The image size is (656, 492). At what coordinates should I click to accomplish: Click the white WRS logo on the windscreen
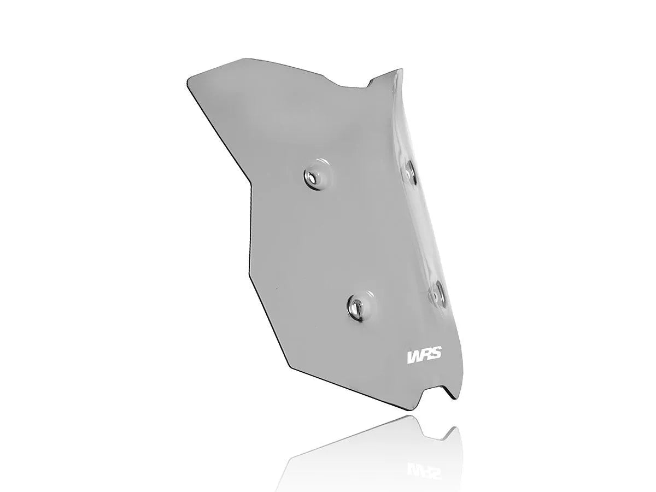425,356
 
